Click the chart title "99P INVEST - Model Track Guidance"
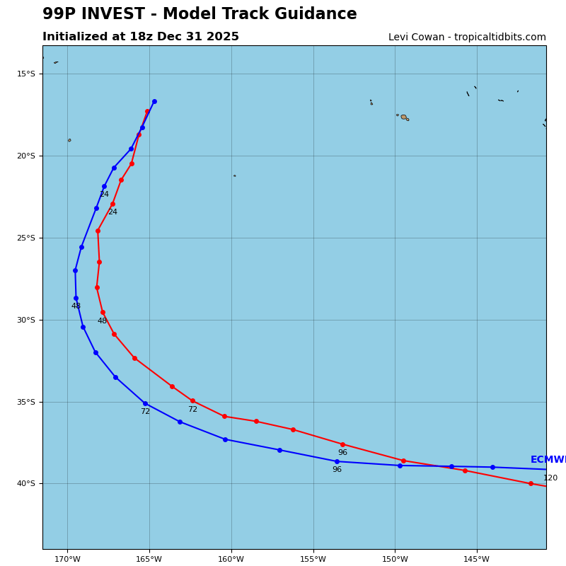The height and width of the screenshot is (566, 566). (200, 14)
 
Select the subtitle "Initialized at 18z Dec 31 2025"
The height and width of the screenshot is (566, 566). (141, 37)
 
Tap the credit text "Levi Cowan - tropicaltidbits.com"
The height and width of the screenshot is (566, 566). (467, 37)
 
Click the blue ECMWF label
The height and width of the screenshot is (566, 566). (548, 460)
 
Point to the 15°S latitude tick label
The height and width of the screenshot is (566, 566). (26, 74)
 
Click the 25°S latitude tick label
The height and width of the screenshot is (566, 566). (26, 238)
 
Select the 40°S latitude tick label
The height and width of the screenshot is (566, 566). (26, 484)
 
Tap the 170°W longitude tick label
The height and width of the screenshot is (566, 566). (67, 560)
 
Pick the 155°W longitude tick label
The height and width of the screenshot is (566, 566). (313, 560)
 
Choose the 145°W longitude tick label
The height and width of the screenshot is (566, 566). (476, 560)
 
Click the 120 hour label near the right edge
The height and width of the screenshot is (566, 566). (550, 478)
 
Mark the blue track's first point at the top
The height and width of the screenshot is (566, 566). (154, 101)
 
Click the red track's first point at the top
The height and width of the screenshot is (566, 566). (147, 111)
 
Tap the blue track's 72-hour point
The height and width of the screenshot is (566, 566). (145, 403)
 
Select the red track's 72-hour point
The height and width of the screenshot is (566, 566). (192, 400)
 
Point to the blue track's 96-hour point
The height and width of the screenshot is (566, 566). (337, 461)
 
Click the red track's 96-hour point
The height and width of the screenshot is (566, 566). (342, 444)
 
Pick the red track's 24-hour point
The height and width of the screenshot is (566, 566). (112, 204)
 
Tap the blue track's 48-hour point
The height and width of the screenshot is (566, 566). (76, 298)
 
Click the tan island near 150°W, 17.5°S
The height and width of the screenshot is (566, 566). (404, 117)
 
